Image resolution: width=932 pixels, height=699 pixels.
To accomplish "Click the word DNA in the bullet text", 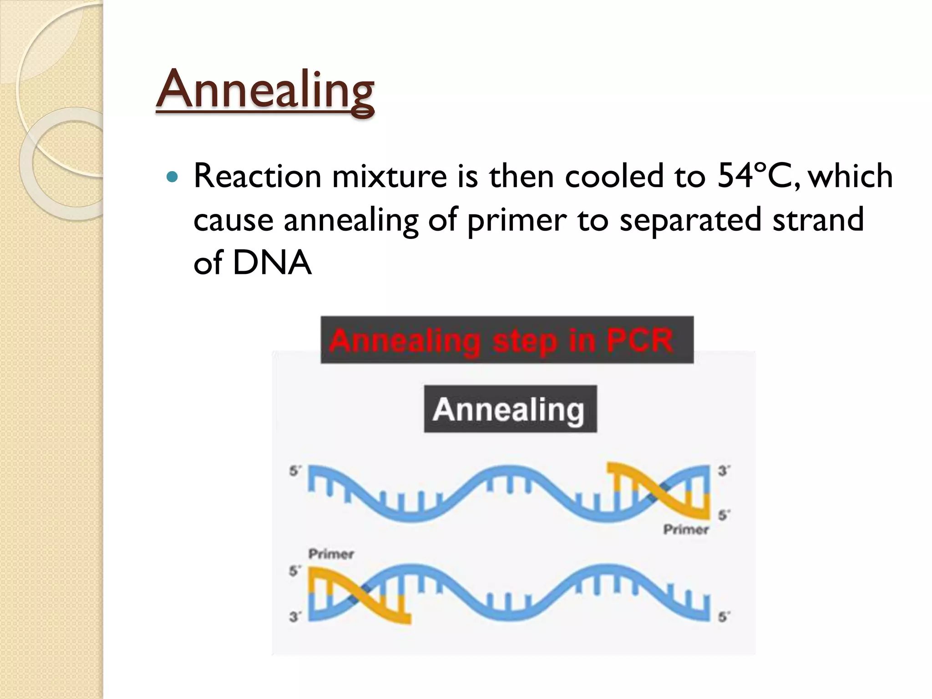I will [x=272, y=263].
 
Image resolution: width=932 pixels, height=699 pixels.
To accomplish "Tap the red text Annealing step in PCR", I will [x=501, y=341].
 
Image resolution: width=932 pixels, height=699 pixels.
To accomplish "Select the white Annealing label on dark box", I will [x=509, y=410].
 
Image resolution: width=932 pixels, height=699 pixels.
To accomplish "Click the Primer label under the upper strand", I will [x=685, y=530].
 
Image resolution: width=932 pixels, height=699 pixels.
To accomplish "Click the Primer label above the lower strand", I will [x=331, y=554].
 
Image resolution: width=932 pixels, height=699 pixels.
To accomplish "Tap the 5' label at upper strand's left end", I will [x=294, y=471].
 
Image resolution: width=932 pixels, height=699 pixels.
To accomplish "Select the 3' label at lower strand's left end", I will [x=294, y=617].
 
